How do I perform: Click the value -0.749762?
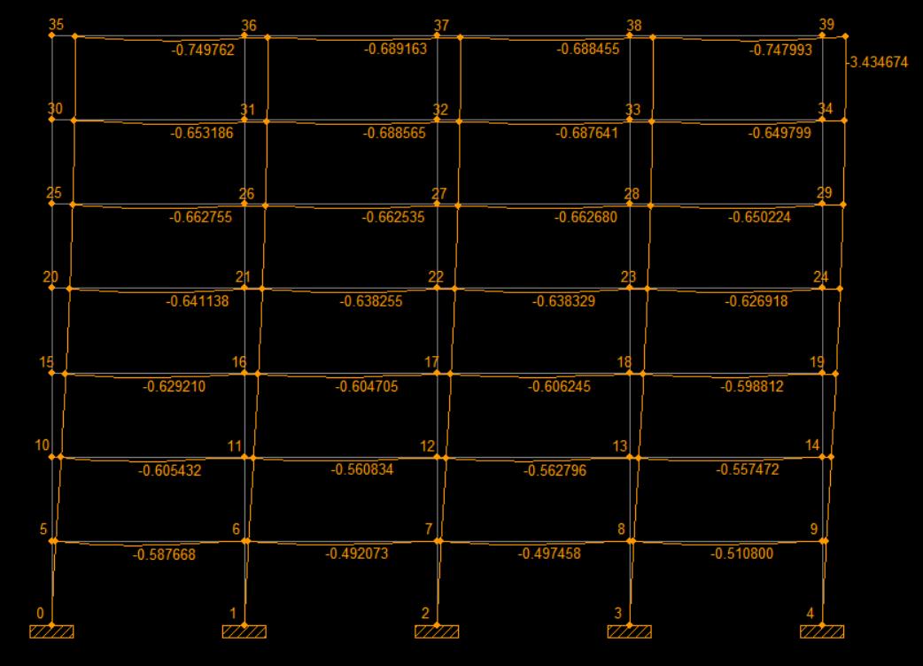202,50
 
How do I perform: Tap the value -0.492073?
357,554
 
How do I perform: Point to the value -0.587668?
164,555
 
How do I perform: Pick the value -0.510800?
741,554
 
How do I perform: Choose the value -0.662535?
394,218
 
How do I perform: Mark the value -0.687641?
586,134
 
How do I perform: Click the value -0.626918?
756,302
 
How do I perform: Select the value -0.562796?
556,471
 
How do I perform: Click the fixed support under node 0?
51,631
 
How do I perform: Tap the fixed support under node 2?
437,631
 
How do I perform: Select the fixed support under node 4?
821,631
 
